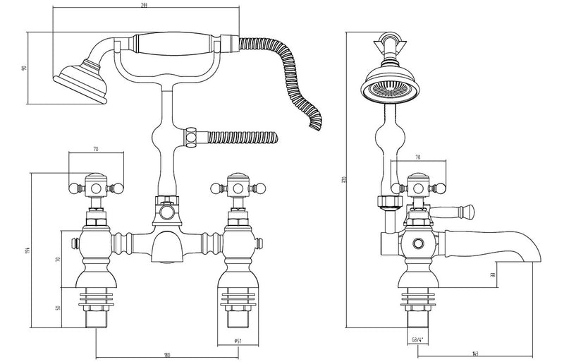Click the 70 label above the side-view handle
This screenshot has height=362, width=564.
coord(417,158)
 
